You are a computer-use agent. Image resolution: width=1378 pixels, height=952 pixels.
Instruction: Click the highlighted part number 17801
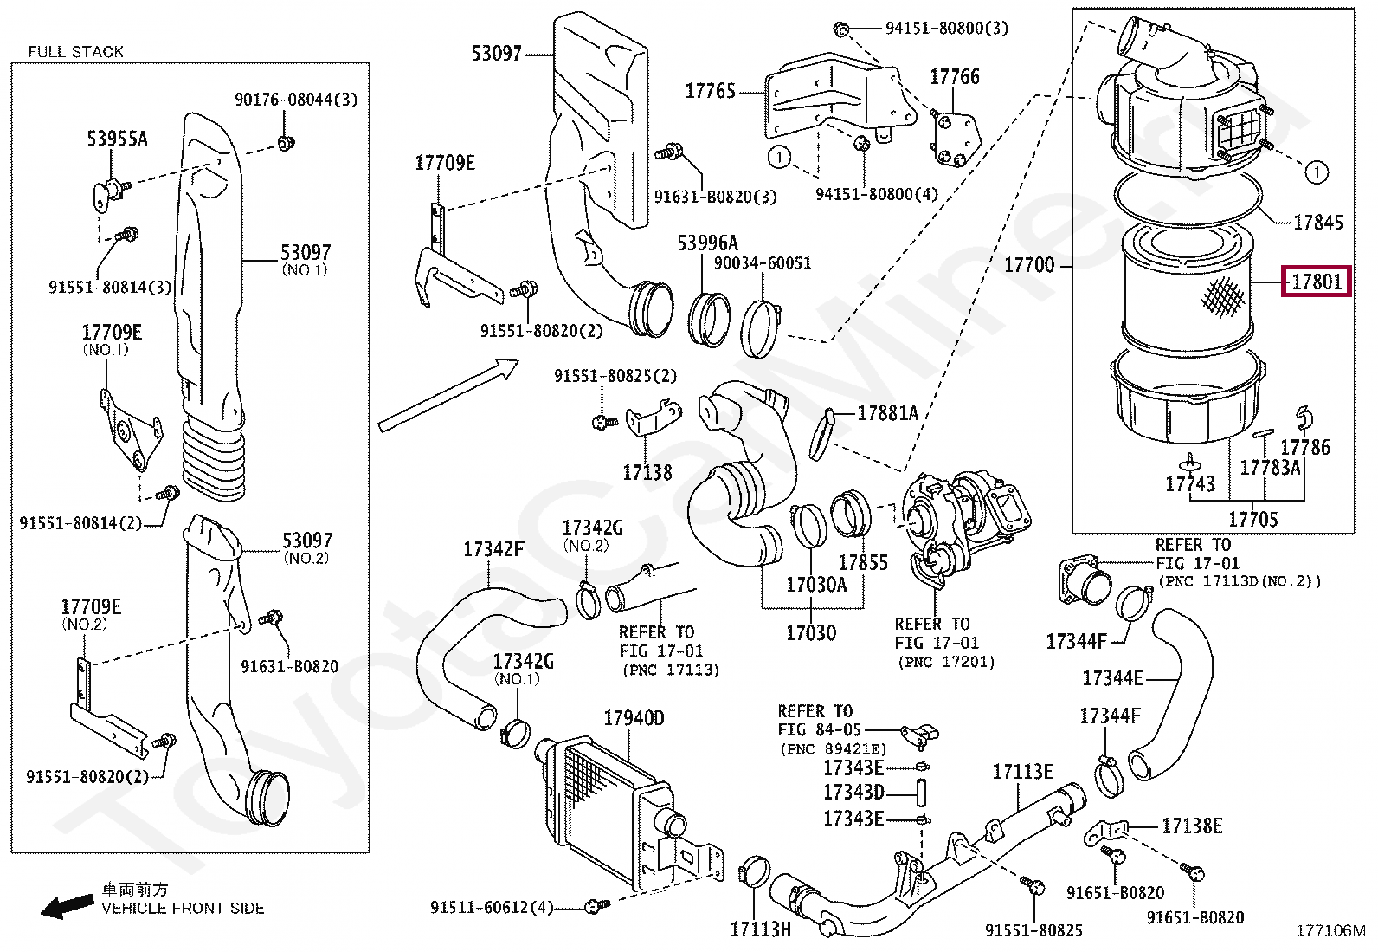click(1315, 282)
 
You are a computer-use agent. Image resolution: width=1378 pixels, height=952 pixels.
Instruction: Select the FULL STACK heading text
click(75, 52)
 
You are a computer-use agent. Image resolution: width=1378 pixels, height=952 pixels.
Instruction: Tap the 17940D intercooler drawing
click(606, 797)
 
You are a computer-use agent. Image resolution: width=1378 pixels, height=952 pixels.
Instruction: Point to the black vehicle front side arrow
click(68, 906)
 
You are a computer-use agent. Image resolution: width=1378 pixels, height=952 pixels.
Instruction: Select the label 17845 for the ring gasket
click(1317, 223)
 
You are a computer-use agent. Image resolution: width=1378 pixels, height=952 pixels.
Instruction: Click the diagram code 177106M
click(1330, 931)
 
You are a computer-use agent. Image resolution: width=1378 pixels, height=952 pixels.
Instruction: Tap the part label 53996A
click(707, 243)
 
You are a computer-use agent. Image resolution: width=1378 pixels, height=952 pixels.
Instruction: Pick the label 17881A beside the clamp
click(887, 413)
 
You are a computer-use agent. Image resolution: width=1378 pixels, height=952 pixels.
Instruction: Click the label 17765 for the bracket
click(710, 91)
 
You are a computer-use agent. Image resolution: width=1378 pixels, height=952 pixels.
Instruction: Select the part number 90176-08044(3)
click(295, 100)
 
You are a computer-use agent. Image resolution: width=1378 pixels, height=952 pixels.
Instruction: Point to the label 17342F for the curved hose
click(493, 549)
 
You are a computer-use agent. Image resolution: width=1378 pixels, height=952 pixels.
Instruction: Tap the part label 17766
click(954, 77)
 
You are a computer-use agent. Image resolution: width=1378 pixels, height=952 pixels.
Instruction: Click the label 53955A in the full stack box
click(117, 139)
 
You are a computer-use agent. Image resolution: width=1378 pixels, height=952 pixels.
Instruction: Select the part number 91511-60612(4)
click(491, 907)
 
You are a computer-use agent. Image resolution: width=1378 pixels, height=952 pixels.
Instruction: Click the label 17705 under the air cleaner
click(1252, 519)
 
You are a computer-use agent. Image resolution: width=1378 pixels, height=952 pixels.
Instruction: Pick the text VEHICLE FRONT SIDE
click(183, 909)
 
